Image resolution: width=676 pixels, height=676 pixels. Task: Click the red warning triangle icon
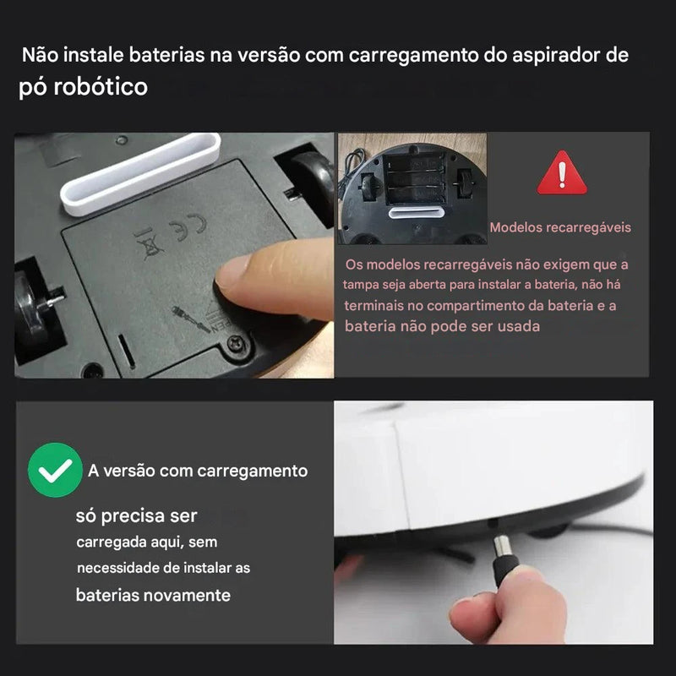click(x=562, y=173)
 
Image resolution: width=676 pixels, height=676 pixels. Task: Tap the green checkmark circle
click(x=55, y=470)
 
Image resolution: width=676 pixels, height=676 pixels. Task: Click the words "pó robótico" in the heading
click(x=83, y=87)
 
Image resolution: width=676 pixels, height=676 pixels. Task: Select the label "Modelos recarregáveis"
click(x=560, y=227)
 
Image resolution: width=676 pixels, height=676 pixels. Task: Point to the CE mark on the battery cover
click(x=188, y=226)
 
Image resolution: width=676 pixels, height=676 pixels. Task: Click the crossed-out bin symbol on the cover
click(x=149, y=243)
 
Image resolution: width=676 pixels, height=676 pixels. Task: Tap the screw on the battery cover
click(x=236, y=344)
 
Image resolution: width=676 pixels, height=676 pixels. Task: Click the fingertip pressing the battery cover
click(x=235, y=274)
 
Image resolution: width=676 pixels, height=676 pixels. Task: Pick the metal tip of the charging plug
click(x=502, y=546)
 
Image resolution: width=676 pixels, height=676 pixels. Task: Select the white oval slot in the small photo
click(x=416, y=213)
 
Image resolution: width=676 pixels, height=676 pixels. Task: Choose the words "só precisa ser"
click(x=136, y=516)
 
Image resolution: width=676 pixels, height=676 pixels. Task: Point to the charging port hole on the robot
click(x=492, y=523)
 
